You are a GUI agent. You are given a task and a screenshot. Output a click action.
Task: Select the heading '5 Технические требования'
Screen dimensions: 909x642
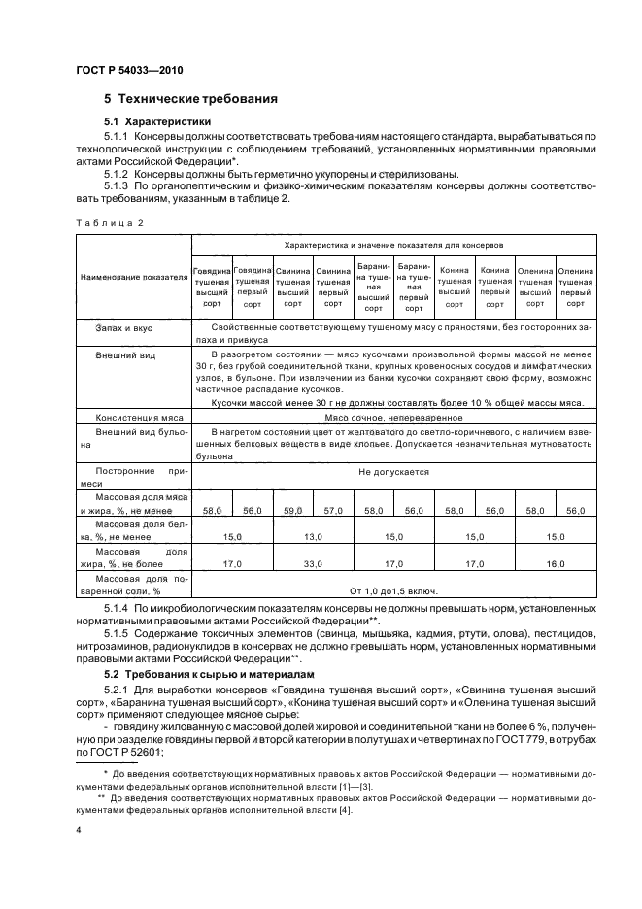point(191,99)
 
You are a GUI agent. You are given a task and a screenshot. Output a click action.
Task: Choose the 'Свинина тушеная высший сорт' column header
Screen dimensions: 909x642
point(292,282)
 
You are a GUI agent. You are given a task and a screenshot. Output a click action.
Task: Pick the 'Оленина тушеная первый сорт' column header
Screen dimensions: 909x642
point(576,282)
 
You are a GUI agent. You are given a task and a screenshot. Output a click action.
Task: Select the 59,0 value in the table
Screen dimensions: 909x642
point(292,510)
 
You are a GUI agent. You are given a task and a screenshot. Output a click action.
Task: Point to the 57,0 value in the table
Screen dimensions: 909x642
point(333,510)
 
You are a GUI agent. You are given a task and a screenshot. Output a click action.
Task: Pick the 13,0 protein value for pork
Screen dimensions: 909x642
point(313,536)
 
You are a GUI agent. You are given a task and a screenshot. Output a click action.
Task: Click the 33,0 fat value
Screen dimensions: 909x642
point(313,562)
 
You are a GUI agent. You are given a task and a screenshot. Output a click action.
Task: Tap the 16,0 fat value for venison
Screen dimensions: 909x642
point(556,562)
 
